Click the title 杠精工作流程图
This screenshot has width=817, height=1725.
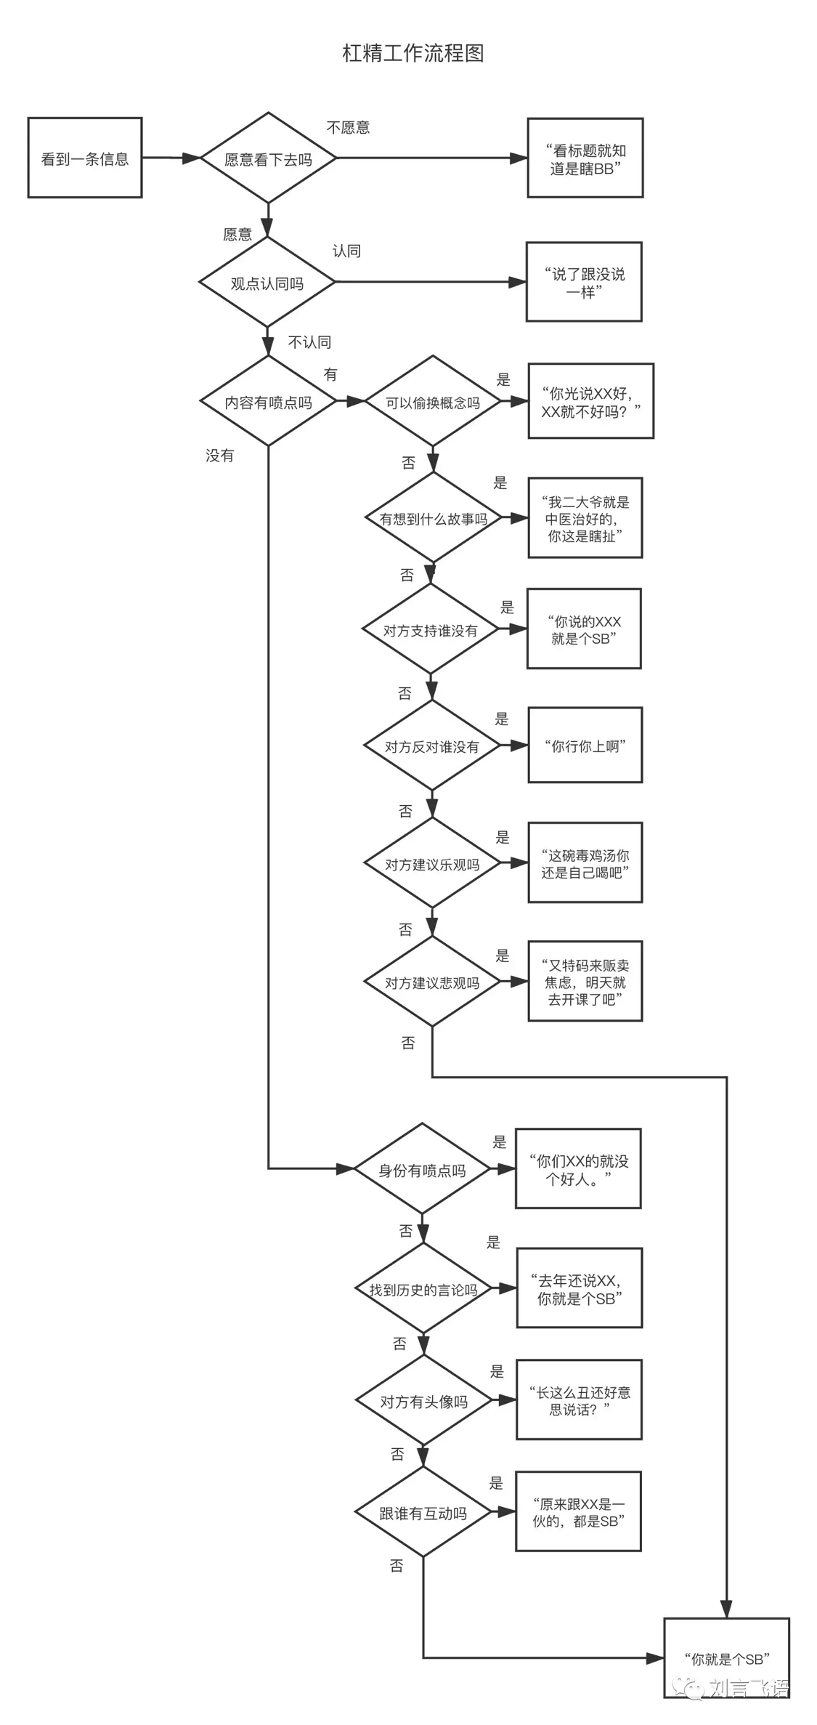click(412, 53)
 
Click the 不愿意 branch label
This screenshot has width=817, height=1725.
click(348, 128)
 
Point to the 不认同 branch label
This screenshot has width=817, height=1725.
click(310, 342)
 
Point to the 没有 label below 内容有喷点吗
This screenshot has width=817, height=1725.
click(219, 456)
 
